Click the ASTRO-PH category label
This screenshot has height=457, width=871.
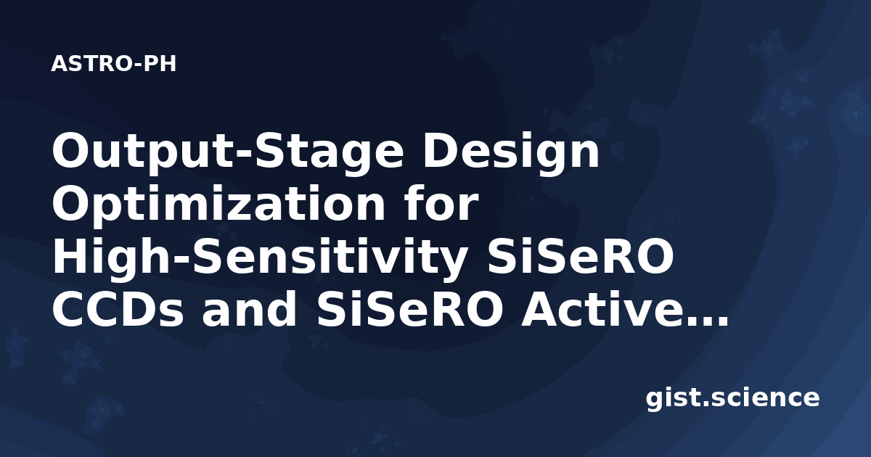click(113, 64)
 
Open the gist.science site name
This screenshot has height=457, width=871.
click(732, 399)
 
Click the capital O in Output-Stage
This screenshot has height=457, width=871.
click(74, 150)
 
